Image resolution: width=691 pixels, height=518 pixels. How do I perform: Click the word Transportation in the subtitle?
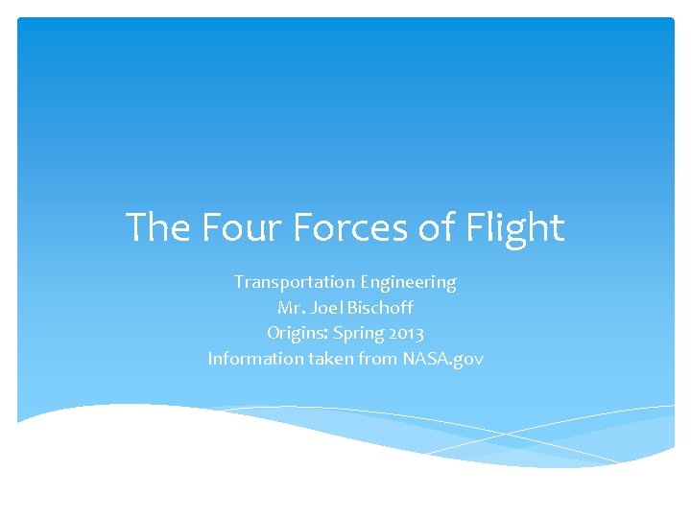(295, 283)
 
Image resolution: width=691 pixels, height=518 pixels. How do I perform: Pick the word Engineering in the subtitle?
(409, 283)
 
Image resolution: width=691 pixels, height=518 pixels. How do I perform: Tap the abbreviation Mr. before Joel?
(289, 309)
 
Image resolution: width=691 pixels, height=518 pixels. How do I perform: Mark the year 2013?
(406, 334)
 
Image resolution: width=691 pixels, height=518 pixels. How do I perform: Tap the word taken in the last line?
(322, 360)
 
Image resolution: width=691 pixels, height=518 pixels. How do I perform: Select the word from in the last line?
(372, 360)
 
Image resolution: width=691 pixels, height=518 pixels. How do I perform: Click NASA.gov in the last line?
(442, 360)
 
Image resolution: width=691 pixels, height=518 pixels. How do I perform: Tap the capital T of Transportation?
(239, 283)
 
